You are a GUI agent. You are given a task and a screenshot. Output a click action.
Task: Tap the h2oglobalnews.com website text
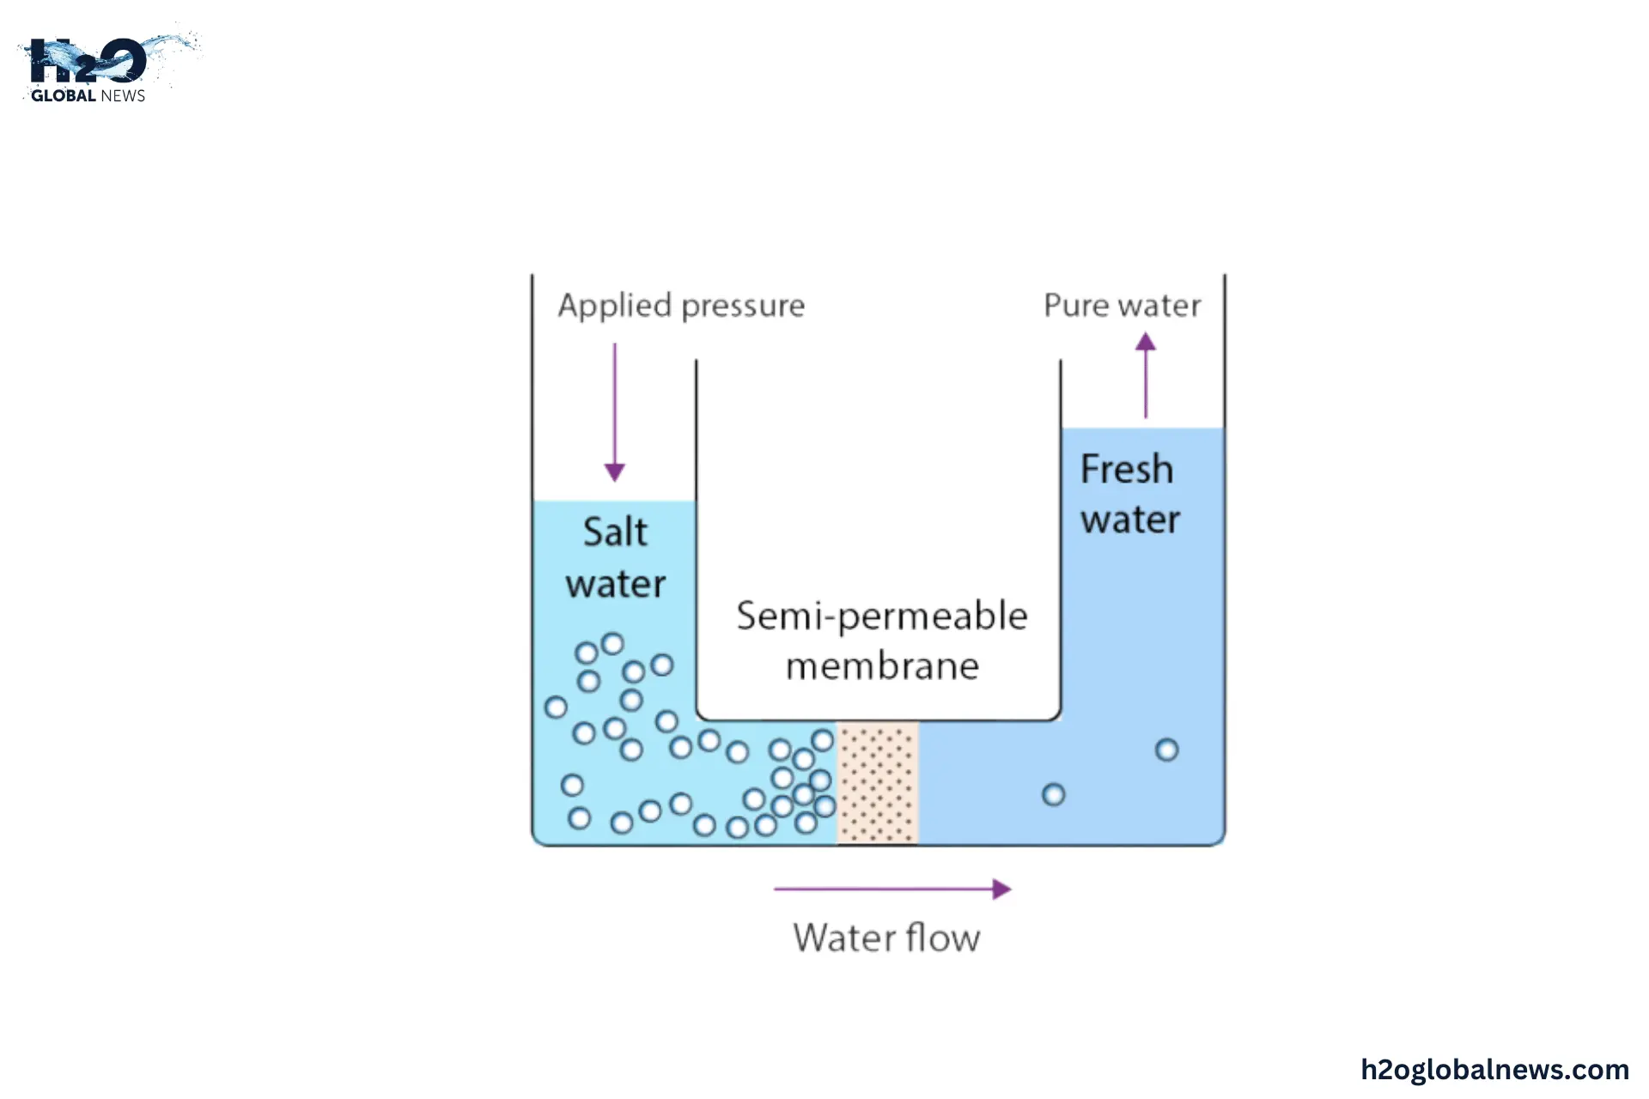pos(1494,1069)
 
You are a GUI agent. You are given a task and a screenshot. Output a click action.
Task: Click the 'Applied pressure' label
pos(681,306)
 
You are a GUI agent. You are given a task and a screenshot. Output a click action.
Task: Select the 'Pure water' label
pos(1122,306)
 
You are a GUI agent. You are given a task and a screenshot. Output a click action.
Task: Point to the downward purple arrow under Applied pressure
pos(615,412)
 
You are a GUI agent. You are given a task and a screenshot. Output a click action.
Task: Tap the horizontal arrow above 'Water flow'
pos(892,890)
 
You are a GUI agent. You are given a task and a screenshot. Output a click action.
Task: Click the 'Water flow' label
pos(886,938)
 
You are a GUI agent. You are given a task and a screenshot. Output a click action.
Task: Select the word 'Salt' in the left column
pos(615,532)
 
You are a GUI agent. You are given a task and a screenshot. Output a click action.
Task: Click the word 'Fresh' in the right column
pos(1127,470)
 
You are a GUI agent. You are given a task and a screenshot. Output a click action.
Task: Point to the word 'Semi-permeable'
pos(882,616)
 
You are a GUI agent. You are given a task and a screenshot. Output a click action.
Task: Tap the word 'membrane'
pos(882,666)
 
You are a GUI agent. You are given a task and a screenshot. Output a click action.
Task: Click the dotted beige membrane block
pos(878,782)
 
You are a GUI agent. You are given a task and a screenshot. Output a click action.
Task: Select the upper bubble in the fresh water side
pos(1166,750)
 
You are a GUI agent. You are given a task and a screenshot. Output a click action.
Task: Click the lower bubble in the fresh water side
pos(1053,795)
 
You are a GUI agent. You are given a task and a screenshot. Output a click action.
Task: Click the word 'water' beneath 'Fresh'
pos(1130,520)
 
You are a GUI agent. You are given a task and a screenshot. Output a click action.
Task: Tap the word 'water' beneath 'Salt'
pos(615,585)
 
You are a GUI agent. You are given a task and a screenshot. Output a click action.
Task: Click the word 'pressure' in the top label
pos(744,307)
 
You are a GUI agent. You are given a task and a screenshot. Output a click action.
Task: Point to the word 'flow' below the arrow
pos(943,938)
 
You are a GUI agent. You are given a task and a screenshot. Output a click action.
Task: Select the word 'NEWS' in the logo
pos(123,96)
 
